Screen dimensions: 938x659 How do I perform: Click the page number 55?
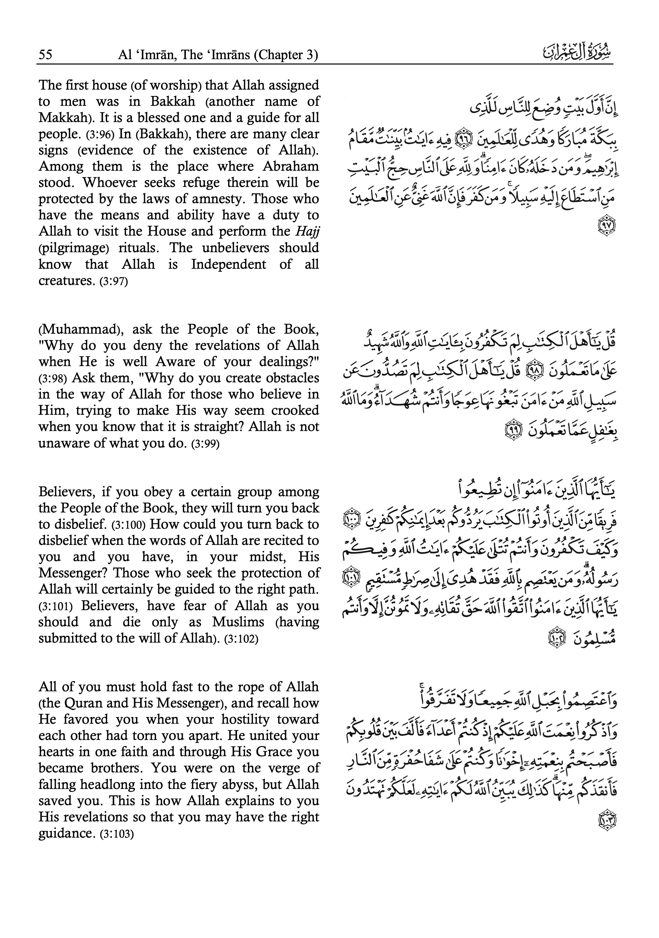[x=45, y=55]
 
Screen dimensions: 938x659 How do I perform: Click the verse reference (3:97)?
[x=114, y=282]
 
